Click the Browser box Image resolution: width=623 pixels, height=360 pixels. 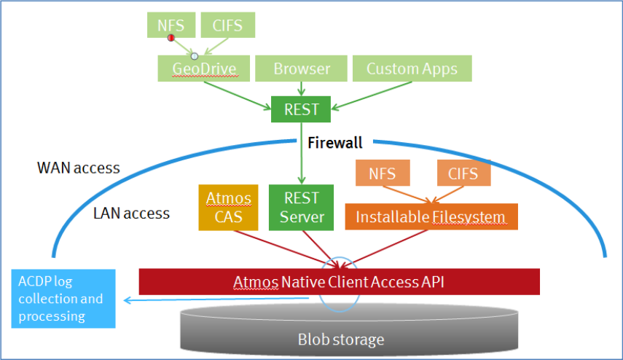tap(302, 69)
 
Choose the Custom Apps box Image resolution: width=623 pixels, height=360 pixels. tap(412, 69)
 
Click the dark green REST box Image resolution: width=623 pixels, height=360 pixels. tap(301, 109)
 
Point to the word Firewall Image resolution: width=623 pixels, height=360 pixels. tap(335, 144)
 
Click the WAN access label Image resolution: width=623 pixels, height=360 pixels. tap(79, 168)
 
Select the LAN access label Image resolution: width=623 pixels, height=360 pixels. tap(132, 214)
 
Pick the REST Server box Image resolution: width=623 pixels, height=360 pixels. tap(301, 208)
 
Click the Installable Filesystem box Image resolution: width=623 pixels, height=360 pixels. tap(431, 217)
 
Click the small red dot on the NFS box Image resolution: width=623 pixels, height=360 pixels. tap(171, 37)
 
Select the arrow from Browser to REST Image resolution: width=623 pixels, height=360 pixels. tap(302, 88)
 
